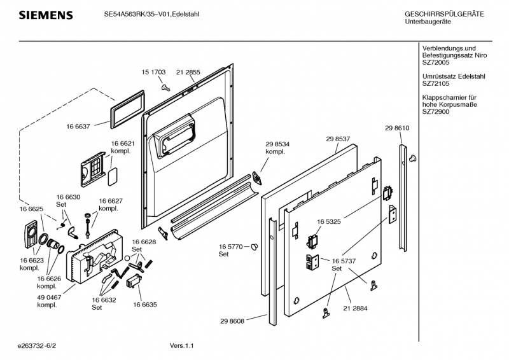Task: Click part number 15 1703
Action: pyautogui.click(x=153, y=73)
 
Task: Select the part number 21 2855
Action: pyautogui.click(x=188, y=73)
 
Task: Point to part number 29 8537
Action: pyautogui.click(x=338, y=138)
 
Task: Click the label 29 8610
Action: pyautogui.click(x=397, y=128)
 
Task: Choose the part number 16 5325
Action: pyautogui.click(x=330, y=222)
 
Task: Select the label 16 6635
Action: pyautogui.click(x=145, y=305)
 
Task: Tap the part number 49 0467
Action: pyautogui.click(x=47, y=297)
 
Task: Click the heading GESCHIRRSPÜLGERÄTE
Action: pyautogui.click(x=444, y=14)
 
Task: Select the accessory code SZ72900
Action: pyautogui.click(x=436, y=111)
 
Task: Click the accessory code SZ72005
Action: pyautogui.click(x=436, y=63)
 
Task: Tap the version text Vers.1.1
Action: pyautogui.click(x=181, y=345)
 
